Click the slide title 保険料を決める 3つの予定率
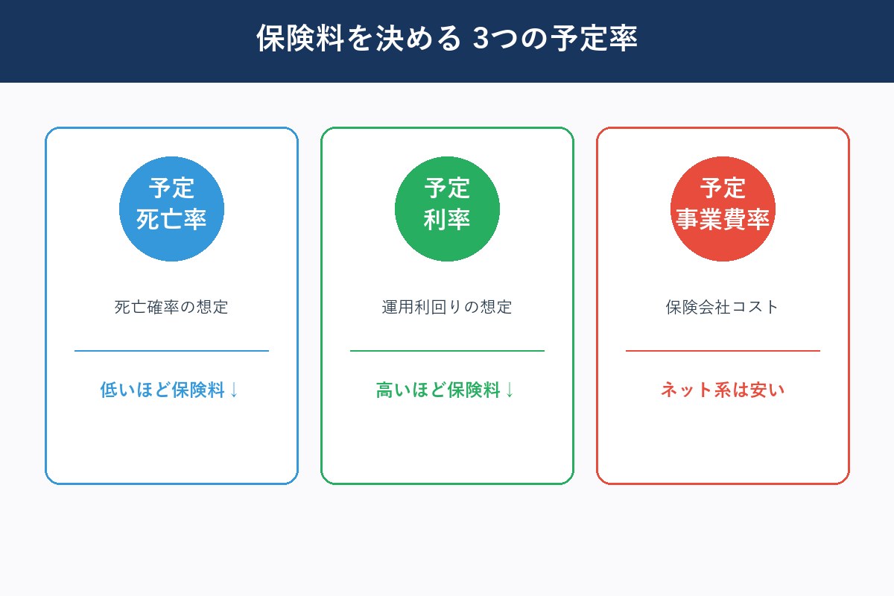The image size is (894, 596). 447,39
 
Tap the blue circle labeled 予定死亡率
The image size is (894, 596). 171,209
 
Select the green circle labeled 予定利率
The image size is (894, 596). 447,209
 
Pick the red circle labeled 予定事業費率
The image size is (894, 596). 723,209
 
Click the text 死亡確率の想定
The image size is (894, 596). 171,307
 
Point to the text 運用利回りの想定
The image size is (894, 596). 447,307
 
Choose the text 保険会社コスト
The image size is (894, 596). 723,307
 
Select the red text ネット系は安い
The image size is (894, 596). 723,390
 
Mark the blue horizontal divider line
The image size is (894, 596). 171,350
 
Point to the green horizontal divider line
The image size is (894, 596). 447,350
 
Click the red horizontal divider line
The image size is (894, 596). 723,350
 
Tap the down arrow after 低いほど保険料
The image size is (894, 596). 234,390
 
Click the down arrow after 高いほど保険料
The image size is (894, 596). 510,390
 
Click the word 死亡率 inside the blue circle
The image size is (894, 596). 171,221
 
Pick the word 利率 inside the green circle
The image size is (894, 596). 447,221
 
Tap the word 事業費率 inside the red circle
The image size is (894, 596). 723,221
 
